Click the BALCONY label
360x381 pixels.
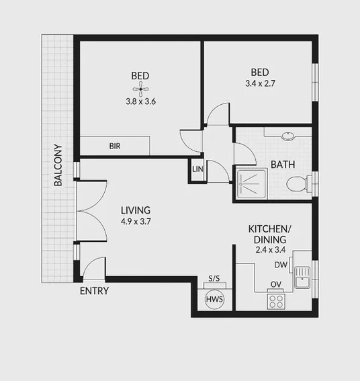pyautogui.click(x=58, y=165)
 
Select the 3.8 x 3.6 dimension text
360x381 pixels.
pyautogui.click(x=140, y=102)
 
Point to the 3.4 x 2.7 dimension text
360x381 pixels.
pyautogui.click(x=261, y=84)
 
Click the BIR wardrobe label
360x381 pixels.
pyautogui.click(x=115, y=146)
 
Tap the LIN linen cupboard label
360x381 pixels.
pyautogui.click(x=197, y=169)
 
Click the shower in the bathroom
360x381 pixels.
pyautogui.click(x=251, y=184)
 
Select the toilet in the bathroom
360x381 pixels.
pyautogui.click(x=296, y=183)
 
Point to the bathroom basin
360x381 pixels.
pyautogui.click(x=288, y=134)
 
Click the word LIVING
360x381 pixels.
pyautogui.click(x=136, y=210)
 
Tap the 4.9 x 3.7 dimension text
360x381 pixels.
pyautogui.click(x=136, y=220)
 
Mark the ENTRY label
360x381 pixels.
pyautogui.click(x=94, y=291)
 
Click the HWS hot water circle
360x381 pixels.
pyautogui.click(x=214, y=299)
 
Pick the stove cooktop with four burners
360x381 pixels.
pyautogui.click(x=276, y=300)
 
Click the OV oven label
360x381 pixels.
pyautogui.click(x=275, y=284)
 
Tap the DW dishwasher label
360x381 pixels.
pyautogui.click(x=281, y=265)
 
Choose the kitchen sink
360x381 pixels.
pyautogui.click(x=302, y=276)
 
